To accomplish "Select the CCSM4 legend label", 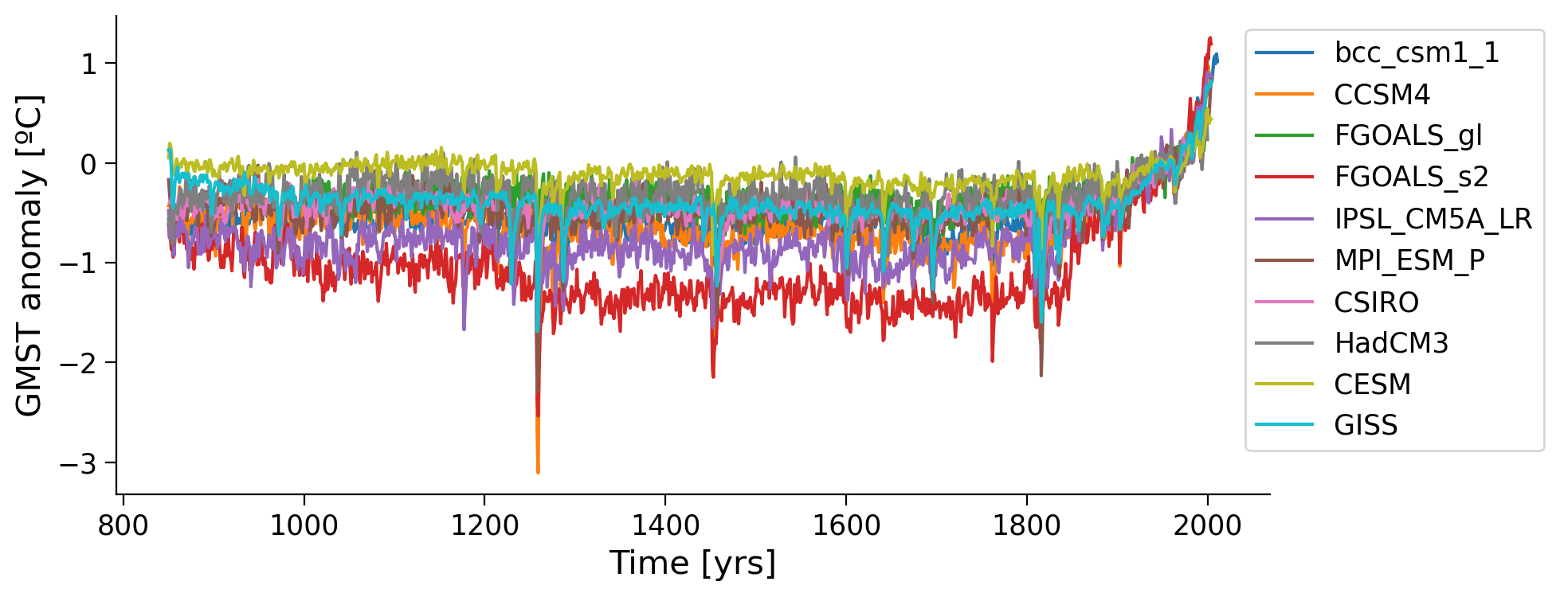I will [1382, 95].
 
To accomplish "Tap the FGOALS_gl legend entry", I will [1408, 135].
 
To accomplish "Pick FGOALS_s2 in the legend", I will [1411, 177].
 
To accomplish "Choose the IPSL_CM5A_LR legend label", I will [1433, 218].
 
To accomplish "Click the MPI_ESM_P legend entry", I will [1409, 260].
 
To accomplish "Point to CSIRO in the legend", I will [1376, 302].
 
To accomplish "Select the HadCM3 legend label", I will [1390, 343].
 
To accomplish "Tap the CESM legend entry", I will [1372, 384].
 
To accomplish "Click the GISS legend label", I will [1366, 425].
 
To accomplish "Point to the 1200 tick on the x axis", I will [484, 525].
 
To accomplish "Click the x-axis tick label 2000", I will [1207, 525].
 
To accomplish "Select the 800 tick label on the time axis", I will [123, 525].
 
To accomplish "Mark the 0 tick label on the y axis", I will [88, 163].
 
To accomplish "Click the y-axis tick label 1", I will [88, 64].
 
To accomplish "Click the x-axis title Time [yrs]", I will [692, 564].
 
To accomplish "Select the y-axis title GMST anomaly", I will [29, 256].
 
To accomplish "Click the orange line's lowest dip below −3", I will [538, 471].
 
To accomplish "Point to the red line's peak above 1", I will [1209, 38].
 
